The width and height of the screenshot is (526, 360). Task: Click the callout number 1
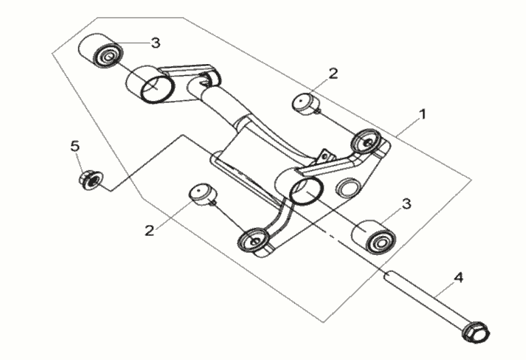423,115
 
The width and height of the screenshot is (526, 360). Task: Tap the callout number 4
459,277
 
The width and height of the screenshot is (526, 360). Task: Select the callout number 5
75,147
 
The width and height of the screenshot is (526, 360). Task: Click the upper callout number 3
155,43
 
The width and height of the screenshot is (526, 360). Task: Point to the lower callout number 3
406,204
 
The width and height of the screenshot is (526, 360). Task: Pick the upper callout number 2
333,74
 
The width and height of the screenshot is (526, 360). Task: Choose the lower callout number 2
149,230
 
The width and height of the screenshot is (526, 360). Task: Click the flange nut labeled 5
91,180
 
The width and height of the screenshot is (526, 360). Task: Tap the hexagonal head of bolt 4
476,332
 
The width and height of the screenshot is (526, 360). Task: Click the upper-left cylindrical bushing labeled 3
101,50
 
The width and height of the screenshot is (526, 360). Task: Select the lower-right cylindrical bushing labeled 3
373,237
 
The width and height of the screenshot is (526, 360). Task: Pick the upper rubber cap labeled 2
305,104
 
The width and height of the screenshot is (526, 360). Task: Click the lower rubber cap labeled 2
203,195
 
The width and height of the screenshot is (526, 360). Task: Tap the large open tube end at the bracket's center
306,191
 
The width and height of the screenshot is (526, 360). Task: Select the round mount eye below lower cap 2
253,241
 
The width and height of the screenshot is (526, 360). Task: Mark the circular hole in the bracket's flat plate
348,187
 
